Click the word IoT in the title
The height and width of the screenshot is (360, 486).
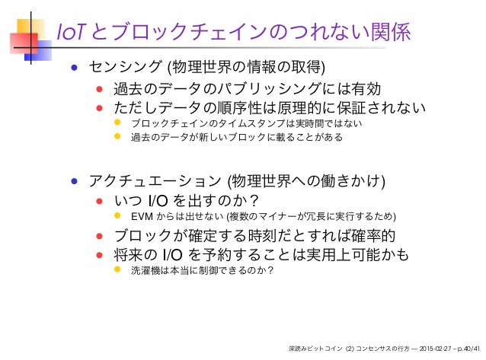click(x=72, y=33)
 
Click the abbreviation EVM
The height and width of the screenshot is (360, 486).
click(x=142, y=221)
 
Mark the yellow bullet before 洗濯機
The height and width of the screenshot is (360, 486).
click(x=117, y=270)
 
